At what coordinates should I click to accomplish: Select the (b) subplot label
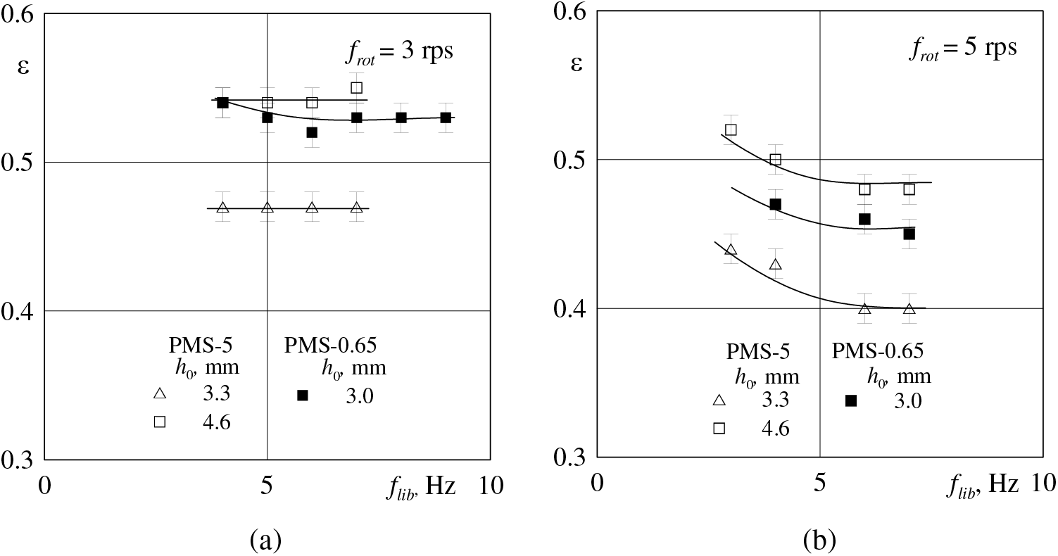point(819,540)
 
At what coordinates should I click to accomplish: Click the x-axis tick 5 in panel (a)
point(267,486)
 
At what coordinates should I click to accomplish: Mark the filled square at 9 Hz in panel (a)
point(446,118)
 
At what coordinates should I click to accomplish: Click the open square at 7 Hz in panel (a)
point(357,88)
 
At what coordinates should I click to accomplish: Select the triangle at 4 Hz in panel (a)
point(222,208)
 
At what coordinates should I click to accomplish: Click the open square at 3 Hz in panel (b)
point(731,129)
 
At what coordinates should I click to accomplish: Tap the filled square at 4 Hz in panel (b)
point(775,204)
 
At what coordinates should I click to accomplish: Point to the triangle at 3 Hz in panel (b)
point(731,250)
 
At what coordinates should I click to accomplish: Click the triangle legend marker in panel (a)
point(160,394)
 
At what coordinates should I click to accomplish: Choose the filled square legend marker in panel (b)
point(850,400)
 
